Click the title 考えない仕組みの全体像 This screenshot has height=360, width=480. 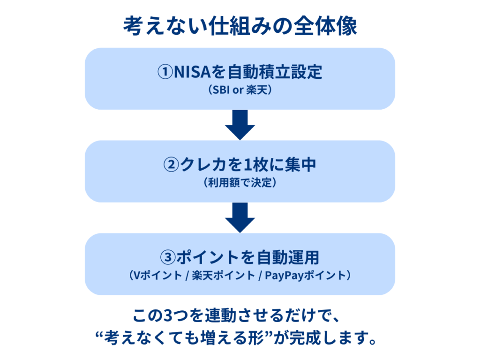(240, 27)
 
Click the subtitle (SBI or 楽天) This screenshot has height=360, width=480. (240, 90)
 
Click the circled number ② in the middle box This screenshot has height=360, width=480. (171, 165)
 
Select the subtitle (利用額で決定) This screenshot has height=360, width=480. (240, 183)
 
